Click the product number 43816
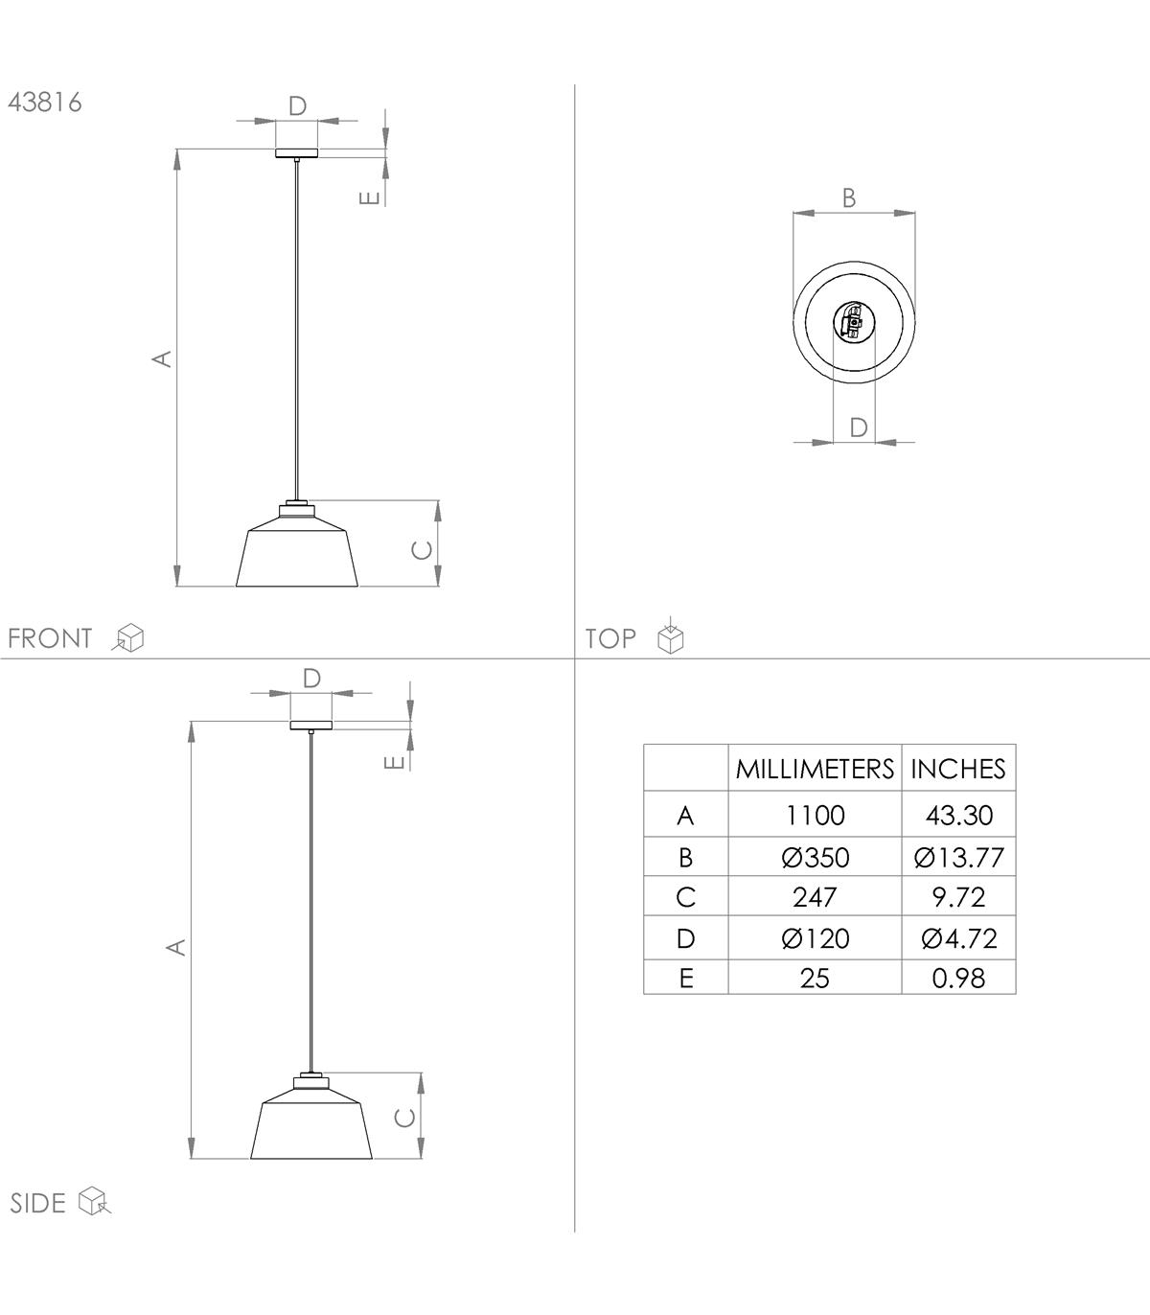[45, 103]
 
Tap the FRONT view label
[50, 638]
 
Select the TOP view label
[610, 638]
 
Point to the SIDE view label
[38, 1203]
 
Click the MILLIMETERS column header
[815, 769]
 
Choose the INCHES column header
[958, 769]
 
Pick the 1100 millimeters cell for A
[815, 816]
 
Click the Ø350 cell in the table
[815, 858]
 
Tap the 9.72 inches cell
[958, 897]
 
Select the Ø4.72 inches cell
[958, 939]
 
